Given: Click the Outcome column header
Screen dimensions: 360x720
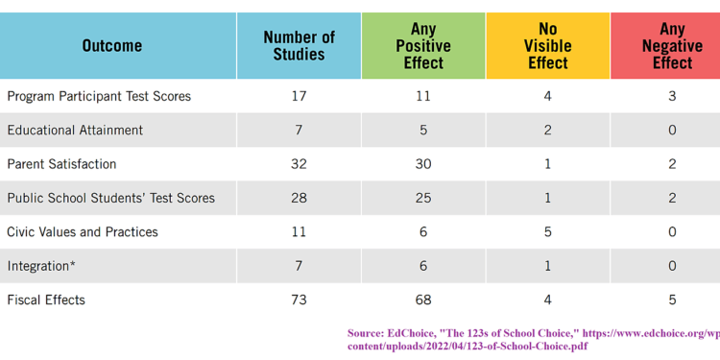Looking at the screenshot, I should (x=111, y=46).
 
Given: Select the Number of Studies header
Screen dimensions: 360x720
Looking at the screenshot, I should (x=299, y=46).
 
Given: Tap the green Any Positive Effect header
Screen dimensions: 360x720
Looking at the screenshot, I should (x=423, y=46).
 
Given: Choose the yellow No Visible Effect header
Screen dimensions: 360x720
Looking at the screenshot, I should (x=548, y=46).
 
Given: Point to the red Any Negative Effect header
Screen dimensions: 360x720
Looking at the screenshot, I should (x=672, y=46).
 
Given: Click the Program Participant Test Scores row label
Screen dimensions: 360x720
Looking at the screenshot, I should (x=99, y=96).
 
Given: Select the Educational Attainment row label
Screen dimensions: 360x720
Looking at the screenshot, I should (x=75, y=130).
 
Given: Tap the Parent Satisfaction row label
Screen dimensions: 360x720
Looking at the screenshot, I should (x=61, y=164).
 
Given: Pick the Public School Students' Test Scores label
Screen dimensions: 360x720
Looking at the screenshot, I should (x=110, y=198).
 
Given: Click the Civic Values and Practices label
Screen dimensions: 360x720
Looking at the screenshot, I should (x=82, y=231).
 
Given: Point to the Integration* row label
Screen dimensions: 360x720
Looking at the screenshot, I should (x=38, y=266).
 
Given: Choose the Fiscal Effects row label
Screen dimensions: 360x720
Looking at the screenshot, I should (x=46, y=300).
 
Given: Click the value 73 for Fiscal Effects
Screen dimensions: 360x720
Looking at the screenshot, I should (x=299, y=300).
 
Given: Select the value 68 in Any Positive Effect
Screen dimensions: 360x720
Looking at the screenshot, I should (x=423, y=300).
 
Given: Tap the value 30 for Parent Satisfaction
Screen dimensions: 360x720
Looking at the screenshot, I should (x=423, y=164).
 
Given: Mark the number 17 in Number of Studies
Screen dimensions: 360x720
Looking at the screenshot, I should (x=299, y=96).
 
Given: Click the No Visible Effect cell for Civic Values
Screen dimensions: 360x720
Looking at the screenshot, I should (x=548, y=231).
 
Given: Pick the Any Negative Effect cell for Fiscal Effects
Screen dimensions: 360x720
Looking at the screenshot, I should (x=672, y=300).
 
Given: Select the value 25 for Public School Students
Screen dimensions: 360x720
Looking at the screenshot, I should (x=423, y=198).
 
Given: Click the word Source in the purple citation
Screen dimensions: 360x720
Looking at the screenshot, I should (x=366, y=333).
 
